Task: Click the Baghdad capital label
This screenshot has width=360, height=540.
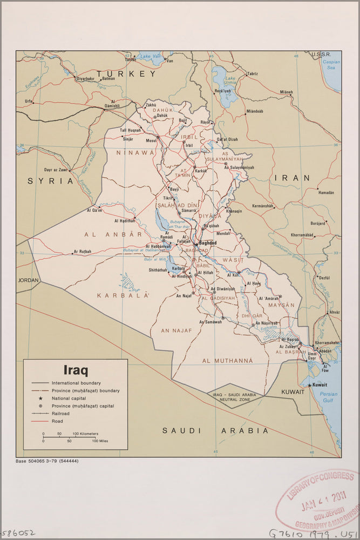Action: (x=208, y=243)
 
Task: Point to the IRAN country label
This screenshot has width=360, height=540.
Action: (x=292, y=178)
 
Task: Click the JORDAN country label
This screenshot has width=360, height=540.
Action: (x=29, y=280)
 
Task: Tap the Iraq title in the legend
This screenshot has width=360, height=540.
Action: (x=76, y=370)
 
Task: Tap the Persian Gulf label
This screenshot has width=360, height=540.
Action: (x=328, y=397)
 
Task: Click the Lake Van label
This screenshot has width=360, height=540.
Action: (x=148, y=56)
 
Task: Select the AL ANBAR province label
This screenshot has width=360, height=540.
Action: (x=113, y=234)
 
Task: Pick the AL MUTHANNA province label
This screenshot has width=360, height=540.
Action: (x=227, y=360)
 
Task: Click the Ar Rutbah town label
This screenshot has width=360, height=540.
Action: (x=82, y=252)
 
